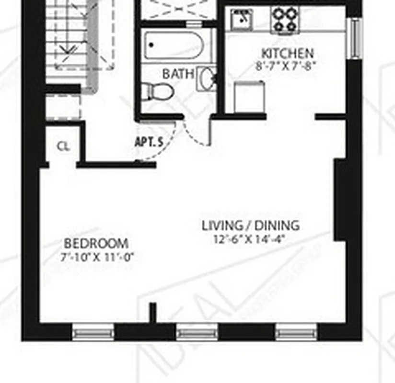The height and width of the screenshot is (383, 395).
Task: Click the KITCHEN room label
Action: click(x=287, y=53)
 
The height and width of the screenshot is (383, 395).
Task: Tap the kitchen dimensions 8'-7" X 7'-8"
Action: click(x=287, y=66)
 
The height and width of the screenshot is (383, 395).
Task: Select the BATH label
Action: click(x=178, y=74)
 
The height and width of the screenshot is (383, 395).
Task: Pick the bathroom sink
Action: click(x=207, y=79)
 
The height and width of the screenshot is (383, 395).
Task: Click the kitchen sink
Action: click(x=242, y=20)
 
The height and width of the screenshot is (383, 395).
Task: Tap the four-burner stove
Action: click(x=285, y=20)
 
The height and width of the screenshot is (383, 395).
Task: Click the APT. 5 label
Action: click(x=149, y=142)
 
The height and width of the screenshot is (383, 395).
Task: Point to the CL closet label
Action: click(x=63, y=146)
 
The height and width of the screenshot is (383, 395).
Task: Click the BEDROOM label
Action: click(x=96, y=243)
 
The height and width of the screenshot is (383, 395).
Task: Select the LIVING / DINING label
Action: click(x=250, y=225)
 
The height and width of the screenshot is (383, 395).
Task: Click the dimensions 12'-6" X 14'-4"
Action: click(x=250, y=239)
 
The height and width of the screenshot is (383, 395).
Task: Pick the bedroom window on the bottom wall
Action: click(x=93, y=331)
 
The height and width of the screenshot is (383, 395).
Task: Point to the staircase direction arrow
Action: click(x=69, y=48)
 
